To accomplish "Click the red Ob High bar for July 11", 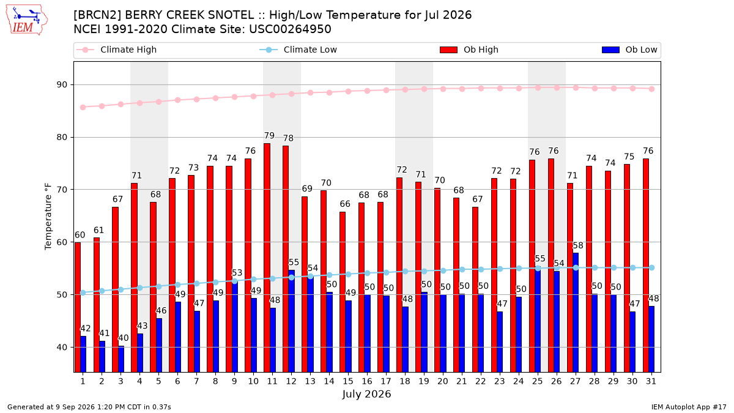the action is [x=267, y=258].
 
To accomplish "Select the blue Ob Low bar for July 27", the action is [x=576, y=313].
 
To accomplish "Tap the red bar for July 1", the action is [x=78, y=307].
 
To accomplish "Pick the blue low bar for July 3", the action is [x=121, y=359].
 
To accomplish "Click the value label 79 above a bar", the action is [x=269, y=136].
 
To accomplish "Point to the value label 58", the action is [x=578, y=245].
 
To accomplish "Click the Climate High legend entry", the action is [x=117, y=50].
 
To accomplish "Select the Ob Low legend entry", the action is [x=629, y=50].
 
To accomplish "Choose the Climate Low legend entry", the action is [x=298, y=50].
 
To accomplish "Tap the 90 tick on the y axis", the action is [x=62, y=85].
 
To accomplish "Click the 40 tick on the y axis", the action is [x=62, y=348].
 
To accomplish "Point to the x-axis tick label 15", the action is [x=348, y=381].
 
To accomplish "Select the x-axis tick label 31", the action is [x=651, y=381].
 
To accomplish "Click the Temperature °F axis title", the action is [x=48, y=217].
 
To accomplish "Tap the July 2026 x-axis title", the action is [x=366, y=394].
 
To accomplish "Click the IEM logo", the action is [x=26, y=20].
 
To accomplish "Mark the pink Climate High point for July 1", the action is [x=83, y=107].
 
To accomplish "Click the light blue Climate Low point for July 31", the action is [x=652, y=268].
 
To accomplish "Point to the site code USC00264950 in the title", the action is [x=290, y=29].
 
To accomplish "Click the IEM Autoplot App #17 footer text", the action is [x=689, y=407].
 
